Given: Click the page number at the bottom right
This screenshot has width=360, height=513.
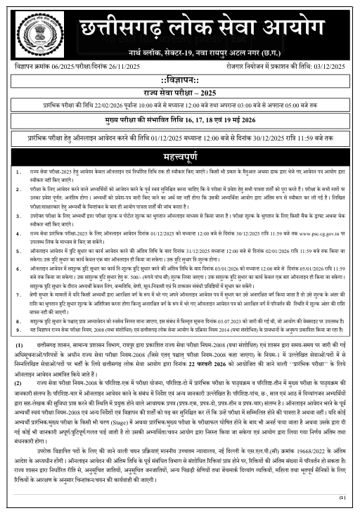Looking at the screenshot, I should pos(342,498).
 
